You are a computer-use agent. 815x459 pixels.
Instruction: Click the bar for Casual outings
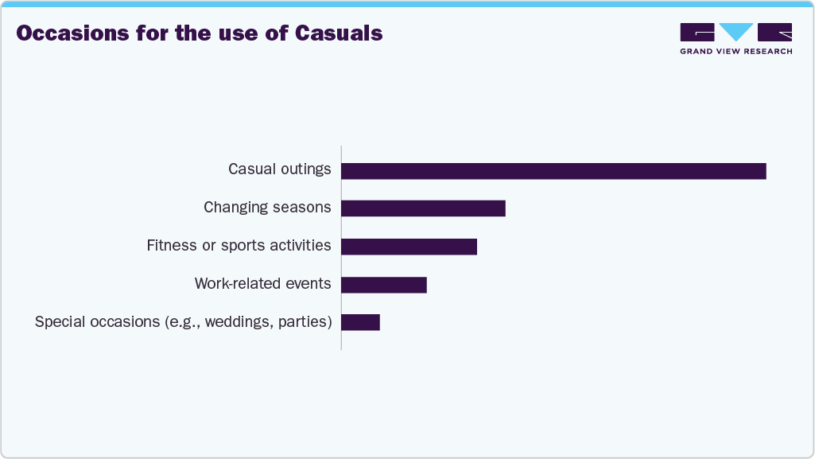[553, 171]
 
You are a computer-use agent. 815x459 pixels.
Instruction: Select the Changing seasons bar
[423, 208]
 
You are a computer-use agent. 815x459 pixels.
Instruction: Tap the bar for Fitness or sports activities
[409, 247]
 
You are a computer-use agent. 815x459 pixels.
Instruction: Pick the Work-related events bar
[384, 285]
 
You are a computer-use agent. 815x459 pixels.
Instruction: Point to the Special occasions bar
[360, 322]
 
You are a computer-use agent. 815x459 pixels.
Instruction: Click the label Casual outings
[279, 169]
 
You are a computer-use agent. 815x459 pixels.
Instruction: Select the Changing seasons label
[267, 208]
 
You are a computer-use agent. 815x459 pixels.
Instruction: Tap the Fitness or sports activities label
[239, 246]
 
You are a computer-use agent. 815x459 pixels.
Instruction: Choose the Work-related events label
[262, 284]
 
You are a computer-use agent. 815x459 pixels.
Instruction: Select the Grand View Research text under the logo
[735, 52]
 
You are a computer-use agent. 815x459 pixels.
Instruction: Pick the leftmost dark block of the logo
[697, 33]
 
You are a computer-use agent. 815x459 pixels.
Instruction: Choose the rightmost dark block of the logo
[775, 33]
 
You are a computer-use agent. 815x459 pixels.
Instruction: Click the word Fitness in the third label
[171, 246]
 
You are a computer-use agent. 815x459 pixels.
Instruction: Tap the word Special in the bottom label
[60, 322]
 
